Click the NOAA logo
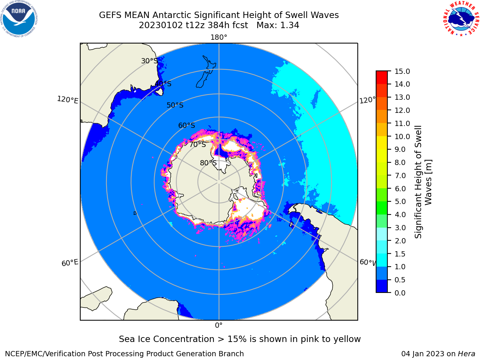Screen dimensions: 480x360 (19, 19)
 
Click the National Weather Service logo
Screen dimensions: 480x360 (461, 19)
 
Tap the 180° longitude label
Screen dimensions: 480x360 (219, 37)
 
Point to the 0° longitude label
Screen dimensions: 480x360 (219, 325)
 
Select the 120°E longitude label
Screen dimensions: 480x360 (67, 100)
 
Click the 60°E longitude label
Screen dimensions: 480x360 (70, 262)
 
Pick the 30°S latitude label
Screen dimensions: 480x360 (149, 61)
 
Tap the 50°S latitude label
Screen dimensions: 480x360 (175, 105)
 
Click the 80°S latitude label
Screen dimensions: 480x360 (208, 163)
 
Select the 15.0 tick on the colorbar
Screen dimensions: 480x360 (402, 71)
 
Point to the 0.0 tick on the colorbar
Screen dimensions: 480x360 (400, 293)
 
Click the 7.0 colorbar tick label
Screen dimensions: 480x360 (400, 175)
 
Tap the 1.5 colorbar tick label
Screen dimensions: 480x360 (400, 254)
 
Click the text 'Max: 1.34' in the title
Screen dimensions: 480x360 (278, 25)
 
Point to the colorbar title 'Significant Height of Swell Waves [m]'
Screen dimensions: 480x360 (423, 182)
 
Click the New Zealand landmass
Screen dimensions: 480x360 (206, 72)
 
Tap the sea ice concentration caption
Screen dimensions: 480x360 (240, 339)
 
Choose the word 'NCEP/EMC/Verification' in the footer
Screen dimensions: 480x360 (45, 354)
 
